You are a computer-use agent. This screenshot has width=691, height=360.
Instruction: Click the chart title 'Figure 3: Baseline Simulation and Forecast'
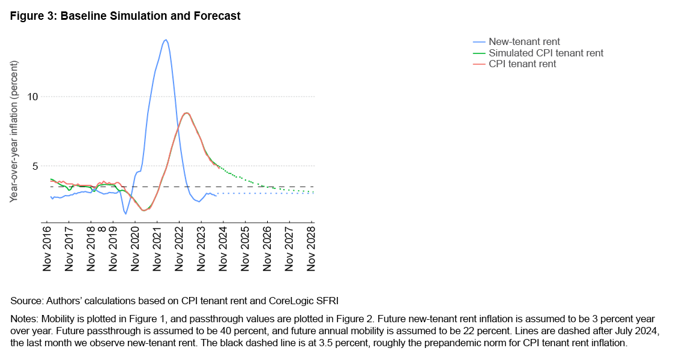125,16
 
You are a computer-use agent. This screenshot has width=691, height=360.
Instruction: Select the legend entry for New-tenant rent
524,42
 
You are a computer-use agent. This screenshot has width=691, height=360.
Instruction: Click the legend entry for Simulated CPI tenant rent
546,53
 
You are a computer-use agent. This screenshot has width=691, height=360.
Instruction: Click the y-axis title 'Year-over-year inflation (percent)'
14,131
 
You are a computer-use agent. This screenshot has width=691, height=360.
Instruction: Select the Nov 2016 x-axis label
47,248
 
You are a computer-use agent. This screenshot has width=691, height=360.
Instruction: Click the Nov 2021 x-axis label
157,248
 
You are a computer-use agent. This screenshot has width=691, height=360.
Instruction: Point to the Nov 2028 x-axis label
311,248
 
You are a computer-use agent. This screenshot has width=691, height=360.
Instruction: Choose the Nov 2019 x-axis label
113,248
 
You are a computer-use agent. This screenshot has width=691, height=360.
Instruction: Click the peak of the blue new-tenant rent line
166,40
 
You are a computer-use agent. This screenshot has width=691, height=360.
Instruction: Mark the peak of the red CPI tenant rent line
187,113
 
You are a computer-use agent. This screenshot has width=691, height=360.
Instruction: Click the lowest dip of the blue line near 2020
125,214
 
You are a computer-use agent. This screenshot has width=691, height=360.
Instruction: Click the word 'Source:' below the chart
25,299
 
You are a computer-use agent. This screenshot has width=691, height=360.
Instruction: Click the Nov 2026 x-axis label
267,248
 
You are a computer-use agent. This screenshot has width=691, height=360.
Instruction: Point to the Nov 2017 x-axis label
70,248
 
